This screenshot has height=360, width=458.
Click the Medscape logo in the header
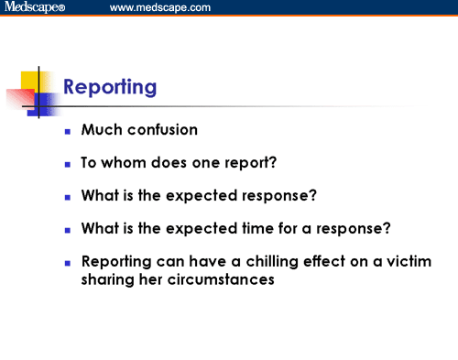(34, 8)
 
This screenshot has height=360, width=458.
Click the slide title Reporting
(109, 88)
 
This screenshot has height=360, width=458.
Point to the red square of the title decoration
(19, 98)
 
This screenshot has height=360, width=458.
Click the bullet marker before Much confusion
(68, 133)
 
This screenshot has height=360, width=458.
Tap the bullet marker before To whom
(68, 165)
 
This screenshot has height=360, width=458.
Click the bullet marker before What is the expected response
(68, 197)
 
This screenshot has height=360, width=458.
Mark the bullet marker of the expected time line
(68, 229)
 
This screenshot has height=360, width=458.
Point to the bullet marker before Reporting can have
(68, 262)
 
